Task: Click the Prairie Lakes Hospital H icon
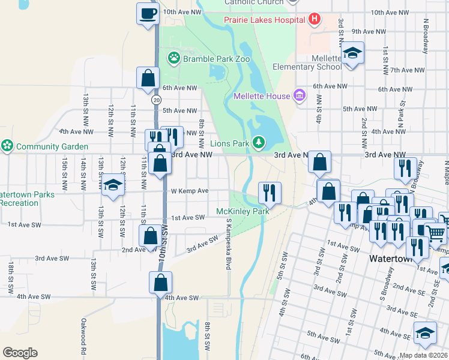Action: (314, 19)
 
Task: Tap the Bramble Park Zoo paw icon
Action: (174, 58)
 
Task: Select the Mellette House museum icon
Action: (300, 95)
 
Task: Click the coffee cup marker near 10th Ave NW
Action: (147, 14)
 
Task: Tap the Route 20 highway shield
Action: (157, 99)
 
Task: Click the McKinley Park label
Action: (243, 211)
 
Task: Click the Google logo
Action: (20, 353)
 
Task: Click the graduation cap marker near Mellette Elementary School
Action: (353, 53)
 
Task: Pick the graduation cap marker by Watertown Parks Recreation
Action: (112, 186)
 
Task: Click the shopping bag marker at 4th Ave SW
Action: (161, 283)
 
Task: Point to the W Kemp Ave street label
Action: (190, 191)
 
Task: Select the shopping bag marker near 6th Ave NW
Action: (148, 78)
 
